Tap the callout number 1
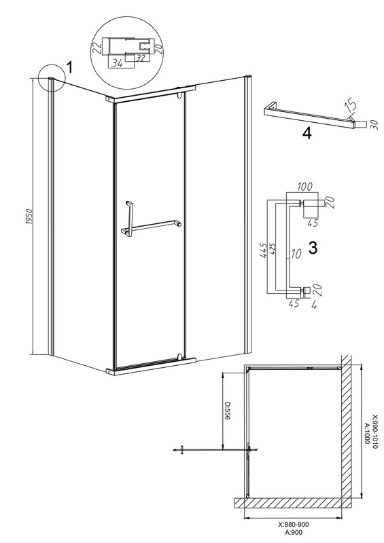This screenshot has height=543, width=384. click(x=69, y=67)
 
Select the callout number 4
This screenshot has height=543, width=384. click(x=307, y=133)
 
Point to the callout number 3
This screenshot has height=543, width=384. click(x=313, y=248)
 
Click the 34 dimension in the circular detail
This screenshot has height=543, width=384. click(x=118, y=63)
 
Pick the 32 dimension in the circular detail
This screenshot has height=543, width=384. click(x=140, y=58)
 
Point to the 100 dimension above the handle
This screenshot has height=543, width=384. click(x=305, y=186)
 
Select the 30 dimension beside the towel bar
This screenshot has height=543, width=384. click(x=373, y=124)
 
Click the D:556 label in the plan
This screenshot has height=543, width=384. click(x=227, y=411)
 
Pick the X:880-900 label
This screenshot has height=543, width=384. click(x=293, y=524)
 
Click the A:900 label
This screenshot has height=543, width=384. click(x=294, y=533)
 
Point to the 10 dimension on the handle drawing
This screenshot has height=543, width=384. click(x=296, y=254)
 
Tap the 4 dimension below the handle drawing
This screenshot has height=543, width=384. click(x=314, y=305)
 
